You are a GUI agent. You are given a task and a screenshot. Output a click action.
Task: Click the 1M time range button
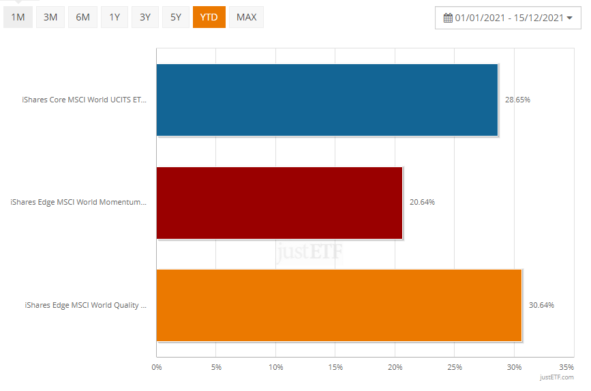click(x=18, y=17)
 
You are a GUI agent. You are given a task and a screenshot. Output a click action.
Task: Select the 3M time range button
click(x=50, y=17)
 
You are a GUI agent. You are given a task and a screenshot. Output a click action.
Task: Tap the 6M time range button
click(x=82, y=17)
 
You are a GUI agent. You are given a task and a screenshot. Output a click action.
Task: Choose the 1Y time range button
click(x=114, y=17)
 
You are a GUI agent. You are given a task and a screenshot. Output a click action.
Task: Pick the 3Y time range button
click(x=145, y=17)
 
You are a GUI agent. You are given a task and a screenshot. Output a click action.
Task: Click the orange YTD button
click(x=209, y=17)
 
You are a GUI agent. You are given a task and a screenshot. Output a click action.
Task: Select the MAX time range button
click(x=246, y=17)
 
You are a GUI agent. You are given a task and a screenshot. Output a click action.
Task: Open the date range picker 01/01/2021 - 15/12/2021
click(x=508, y=18)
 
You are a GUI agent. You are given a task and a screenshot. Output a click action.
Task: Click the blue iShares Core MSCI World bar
click(x=327, y=100)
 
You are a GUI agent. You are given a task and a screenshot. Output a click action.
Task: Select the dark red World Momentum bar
click(x=279, y=203)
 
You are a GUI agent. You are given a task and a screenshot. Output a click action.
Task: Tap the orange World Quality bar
click(x=339, y=305)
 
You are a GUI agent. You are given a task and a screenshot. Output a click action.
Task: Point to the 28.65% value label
click(x=517, y=100)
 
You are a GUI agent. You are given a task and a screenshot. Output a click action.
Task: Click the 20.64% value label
click(x=422, y=203)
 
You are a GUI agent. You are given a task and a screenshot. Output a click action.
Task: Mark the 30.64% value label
click(x=541, y=305)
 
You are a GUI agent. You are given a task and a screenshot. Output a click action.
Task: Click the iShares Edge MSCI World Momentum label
click(x=78, y=203)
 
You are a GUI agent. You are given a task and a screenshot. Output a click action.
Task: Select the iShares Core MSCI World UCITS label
click(x=84, y=100)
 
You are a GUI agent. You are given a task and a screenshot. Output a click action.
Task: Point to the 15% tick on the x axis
click(x=335, y=368)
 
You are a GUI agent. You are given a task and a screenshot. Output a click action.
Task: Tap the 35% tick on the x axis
click(x=566, y=368)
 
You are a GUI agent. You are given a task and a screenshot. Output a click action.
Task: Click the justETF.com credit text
click(x=557, y=377)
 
